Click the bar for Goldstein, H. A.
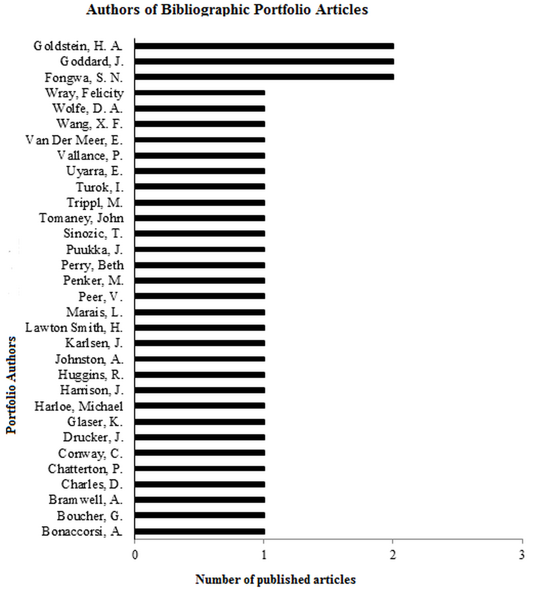click(x=264, y=46)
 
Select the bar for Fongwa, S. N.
click(x=264, y=77)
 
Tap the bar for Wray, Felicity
click(x=200, y=93)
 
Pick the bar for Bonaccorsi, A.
click(x=200, y=532)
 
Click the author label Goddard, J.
click(x=92, y=62)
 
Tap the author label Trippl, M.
click(x=94, y=203)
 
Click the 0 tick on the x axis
click(x=135, y=556)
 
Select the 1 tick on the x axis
click(x=264, y=556)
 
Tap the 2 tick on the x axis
click(x=393, y=556)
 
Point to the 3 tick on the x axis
click(x=522, y=556)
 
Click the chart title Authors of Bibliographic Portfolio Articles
click(x=227, y=9)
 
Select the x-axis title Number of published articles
click(x=275, y=579)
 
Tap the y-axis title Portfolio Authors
click(x=11, y=385)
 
